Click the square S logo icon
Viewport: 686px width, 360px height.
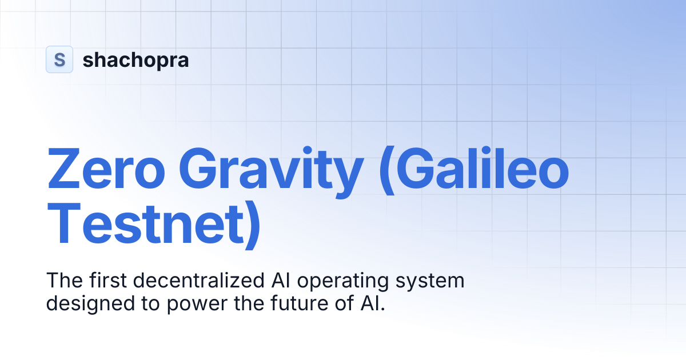59,59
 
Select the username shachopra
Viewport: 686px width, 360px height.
135,60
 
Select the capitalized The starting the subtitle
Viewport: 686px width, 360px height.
62,281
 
